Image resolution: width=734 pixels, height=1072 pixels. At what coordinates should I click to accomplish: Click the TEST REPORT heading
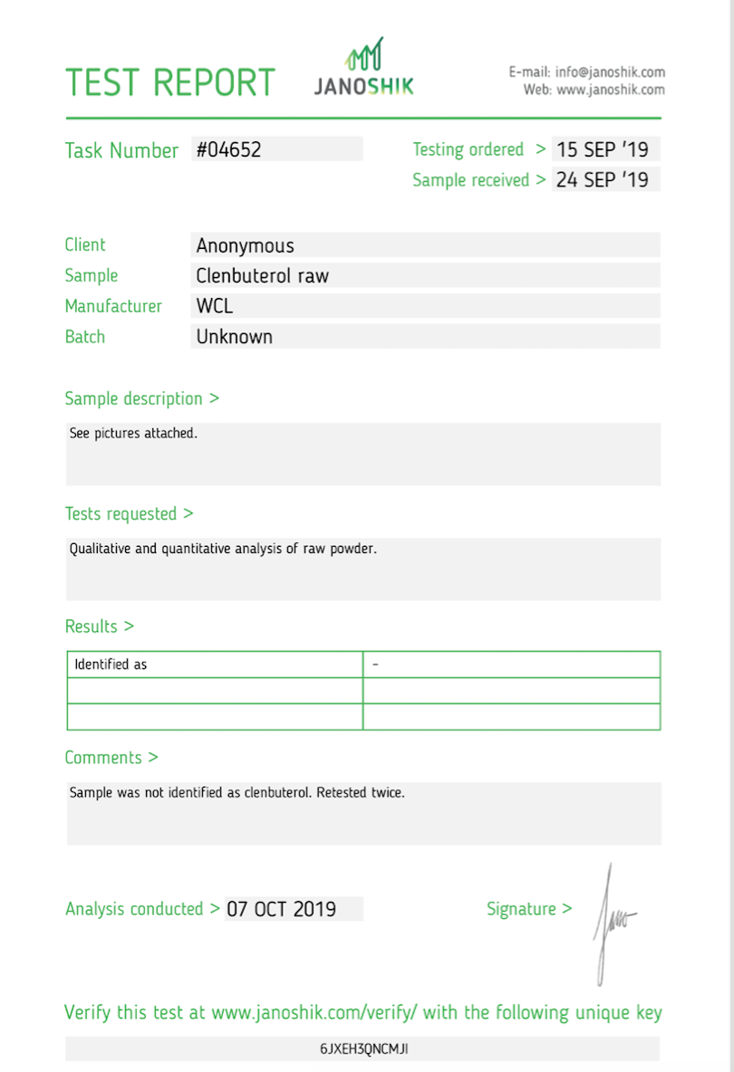coord(169,82)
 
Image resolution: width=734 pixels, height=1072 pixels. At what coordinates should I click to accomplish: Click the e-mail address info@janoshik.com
coord(610,72)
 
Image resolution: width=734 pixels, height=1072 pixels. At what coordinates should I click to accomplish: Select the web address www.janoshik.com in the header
coord(610,90)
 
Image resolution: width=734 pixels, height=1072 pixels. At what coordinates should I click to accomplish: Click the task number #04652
coord(229,149)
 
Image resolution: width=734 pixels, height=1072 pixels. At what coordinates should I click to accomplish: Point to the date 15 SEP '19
coord(602,149)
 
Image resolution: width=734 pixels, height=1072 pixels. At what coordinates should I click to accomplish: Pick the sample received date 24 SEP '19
coord(602,179)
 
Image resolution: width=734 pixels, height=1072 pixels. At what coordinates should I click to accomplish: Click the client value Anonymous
coord(245,245)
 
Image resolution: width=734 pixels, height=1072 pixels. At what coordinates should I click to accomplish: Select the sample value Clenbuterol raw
coord(262,276)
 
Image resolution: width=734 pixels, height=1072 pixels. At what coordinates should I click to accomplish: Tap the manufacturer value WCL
coord(214,306)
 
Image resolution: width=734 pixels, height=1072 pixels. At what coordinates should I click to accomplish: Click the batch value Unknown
coord(234,337)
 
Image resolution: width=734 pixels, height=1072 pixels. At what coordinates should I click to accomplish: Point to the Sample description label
coord(141,398)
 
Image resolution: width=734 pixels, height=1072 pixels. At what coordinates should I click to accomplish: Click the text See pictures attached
coord(133,434)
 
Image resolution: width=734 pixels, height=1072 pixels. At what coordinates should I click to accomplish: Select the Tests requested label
coord(129,513)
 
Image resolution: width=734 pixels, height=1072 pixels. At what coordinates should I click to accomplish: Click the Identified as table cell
coord(111,665)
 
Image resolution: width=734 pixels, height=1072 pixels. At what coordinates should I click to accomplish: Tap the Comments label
coord(111,758)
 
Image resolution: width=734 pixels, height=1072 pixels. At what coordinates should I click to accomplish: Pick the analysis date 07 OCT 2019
coord(281,909)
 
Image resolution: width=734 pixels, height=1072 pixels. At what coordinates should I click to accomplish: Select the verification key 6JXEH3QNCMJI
coord(364,1049)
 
